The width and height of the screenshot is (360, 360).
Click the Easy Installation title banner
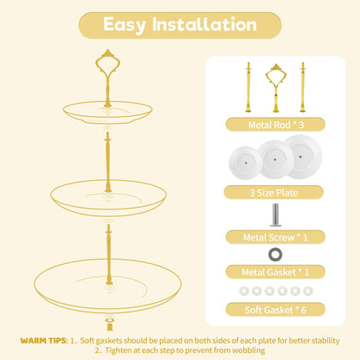[180, 25]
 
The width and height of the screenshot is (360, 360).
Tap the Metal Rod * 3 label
[275, 125]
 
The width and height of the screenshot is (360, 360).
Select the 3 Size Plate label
[273, 192]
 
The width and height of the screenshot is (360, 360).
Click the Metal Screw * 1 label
[275, 237]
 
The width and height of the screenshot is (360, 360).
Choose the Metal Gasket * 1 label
[275, 272]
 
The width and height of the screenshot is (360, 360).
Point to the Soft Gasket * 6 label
[275, 310]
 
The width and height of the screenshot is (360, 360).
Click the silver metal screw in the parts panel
[276, 215]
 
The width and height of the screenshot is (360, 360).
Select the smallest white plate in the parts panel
[246, 163]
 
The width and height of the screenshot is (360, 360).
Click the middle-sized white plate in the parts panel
[275, 159]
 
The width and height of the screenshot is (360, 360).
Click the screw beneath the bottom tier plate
[110, 325]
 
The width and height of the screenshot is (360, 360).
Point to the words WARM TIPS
[44, 341]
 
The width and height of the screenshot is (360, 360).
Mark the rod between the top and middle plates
[108, 162]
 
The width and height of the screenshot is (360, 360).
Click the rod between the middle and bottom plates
[109, 254]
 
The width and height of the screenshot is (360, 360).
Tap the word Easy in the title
[125, 25]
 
